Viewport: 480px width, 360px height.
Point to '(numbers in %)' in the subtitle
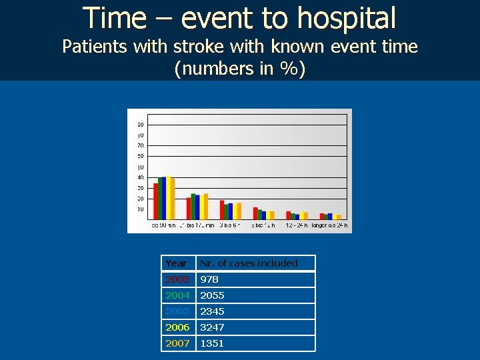point(239,69)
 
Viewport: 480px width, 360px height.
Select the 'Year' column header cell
point(178,263)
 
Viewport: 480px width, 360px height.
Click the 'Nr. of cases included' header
point(255,263)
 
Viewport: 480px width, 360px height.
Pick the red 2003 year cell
point(178,279)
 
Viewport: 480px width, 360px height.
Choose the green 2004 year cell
point(178,295)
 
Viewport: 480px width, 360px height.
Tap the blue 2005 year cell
point(178,311)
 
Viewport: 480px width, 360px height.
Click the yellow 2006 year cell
point(178,327)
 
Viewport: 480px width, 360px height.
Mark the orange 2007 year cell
point(178,343)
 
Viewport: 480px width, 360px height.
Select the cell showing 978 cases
point(255,279)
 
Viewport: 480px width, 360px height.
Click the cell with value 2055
point(255,295)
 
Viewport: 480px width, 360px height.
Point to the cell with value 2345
point(255,311)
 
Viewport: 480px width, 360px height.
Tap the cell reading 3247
point(255,327)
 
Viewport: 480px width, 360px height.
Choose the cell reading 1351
point(255,343)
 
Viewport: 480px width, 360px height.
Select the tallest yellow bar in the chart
point(169,197)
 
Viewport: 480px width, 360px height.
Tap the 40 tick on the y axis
point(140,177)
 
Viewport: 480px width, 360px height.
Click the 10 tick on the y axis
point(140,209)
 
